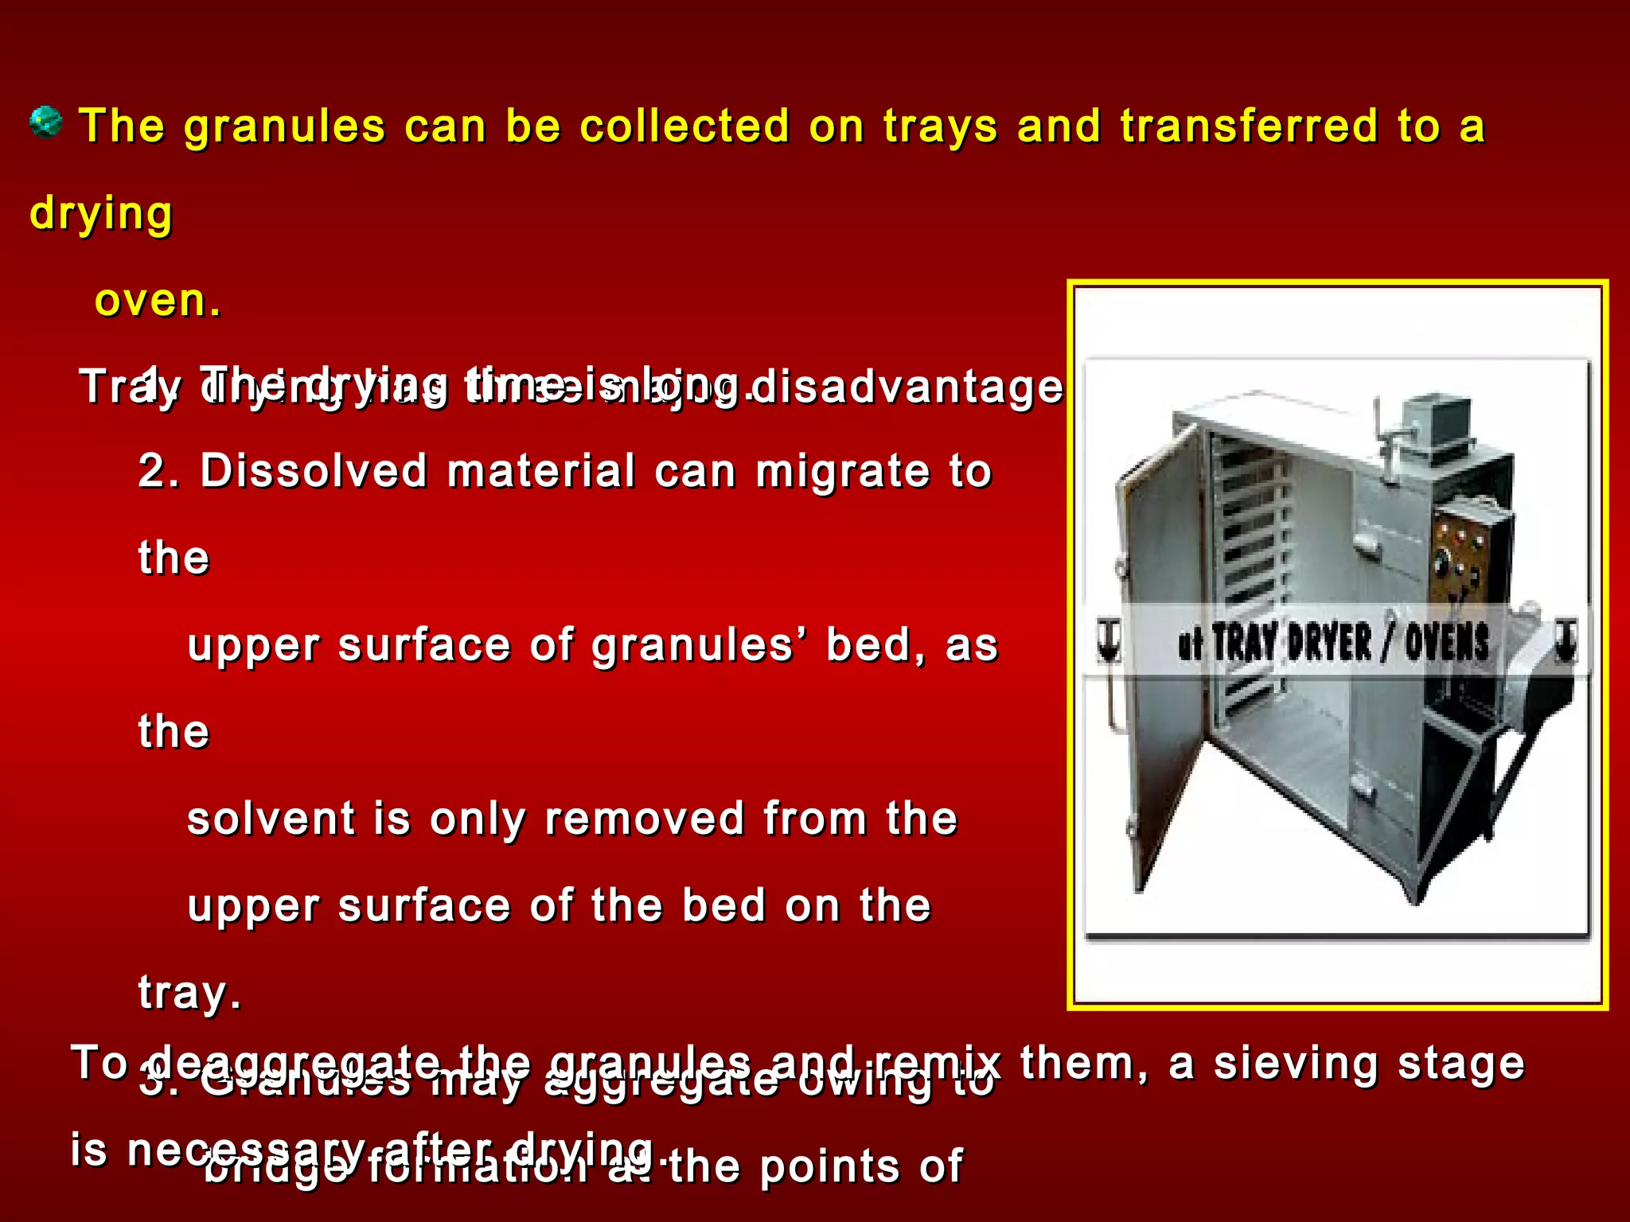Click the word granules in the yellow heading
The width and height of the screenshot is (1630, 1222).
coord(284,127)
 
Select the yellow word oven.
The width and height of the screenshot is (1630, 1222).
coord(157,301)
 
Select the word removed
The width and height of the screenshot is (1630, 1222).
coord(644,819)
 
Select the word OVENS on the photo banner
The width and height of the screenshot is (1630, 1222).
coord(1446,643)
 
